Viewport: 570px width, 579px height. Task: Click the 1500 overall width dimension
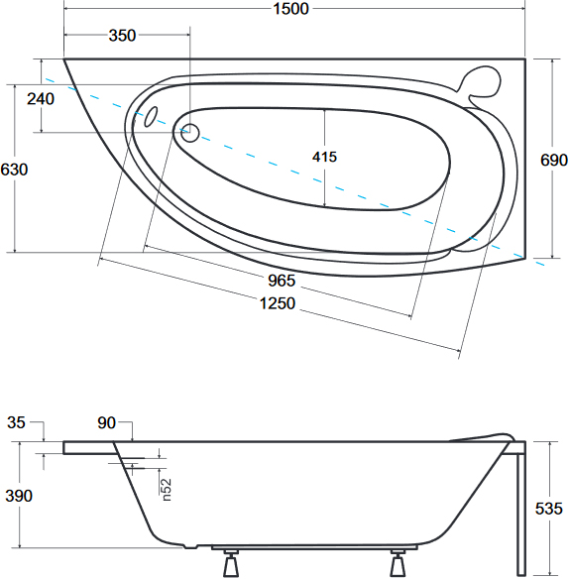pos(290,9)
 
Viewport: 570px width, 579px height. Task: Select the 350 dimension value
pos(122,36)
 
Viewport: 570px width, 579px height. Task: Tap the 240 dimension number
pos(41,99)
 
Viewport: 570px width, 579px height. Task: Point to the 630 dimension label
pos(14,170)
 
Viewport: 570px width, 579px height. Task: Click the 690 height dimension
pos(554,160)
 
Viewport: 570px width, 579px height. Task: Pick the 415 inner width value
pos(324,157)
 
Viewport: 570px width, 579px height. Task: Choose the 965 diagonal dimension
pos(282,281)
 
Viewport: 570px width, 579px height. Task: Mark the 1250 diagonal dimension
pos(278,303)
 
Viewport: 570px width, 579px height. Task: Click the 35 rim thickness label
pos(16,422)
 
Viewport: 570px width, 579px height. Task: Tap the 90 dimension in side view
pos(107,423)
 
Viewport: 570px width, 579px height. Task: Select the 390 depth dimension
pos(19,496)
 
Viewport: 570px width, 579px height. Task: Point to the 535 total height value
pos(548,509)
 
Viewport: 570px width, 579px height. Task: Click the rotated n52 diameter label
pos(167,490)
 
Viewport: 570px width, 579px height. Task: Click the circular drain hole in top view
pos(190,133)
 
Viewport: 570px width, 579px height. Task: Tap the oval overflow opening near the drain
pos(151,117)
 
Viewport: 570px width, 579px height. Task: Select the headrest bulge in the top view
pos(481,83)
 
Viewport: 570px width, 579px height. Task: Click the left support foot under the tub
pos(231,562)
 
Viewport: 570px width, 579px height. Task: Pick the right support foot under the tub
pos(398,562)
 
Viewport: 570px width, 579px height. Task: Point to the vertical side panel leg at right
pos(520,514)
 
